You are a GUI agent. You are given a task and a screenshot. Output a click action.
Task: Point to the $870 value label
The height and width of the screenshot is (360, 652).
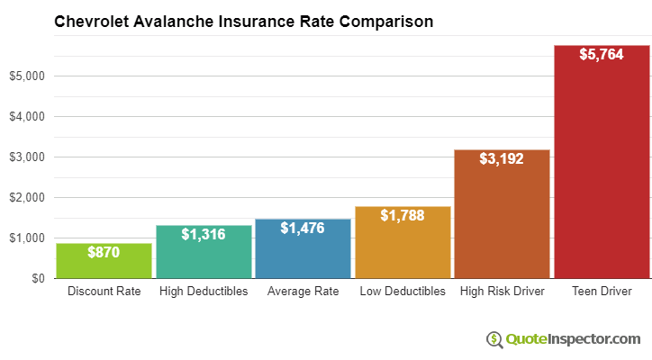click(x=104, y=252)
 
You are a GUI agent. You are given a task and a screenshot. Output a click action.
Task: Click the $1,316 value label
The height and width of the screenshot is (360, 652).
click(x=204, y=234)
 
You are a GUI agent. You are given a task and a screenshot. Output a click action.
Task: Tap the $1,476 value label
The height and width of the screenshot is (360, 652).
click(x=303, y=228)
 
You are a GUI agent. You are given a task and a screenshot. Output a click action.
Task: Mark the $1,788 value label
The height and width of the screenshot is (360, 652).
click(x=403, y=215)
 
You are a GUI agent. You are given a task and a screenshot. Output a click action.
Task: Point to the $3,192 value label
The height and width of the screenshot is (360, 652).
click(x=502, y=158)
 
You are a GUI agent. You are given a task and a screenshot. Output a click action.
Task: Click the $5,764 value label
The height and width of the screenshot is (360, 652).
click(x=602, y=54)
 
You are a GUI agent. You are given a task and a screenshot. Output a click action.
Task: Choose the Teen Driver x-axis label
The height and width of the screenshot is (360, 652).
click(x=602, y=292)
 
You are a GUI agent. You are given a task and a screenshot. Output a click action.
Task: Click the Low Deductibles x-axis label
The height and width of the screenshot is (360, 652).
click(x=403, y=292)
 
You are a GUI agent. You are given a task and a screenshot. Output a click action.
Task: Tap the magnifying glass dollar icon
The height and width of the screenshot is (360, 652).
click(x=494, y=339)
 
